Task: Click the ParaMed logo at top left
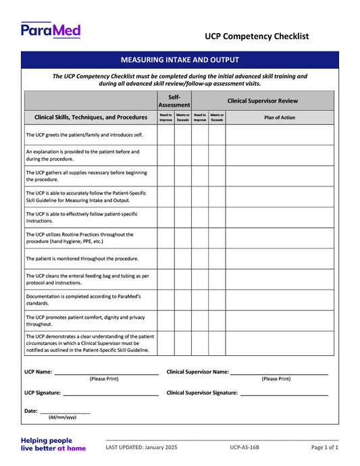click(x=51, y=30)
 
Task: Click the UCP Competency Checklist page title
click(x=257, y=36)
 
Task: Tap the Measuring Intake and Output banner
click(x=180, y=59)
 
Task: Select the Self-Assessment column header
click(x=174, y=101)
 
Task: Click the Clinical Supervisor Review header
click(x=262, y=101)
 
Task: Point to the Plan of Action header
click(x=279, y=117)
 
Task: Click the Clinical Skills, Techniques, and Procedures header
click(x=91, y=117)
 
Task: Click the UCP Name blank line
click(x=106, y=372)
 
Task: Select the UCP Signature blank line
click(x=111, y=393)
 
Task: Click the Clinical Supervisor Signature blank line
click(x=284, y=393)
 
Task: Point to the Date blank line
click(x=65, y=411)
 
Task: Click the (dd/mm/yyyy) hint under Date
click(x=62, y=418)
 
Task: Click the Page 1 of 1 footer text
click(x=324, y=447)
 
